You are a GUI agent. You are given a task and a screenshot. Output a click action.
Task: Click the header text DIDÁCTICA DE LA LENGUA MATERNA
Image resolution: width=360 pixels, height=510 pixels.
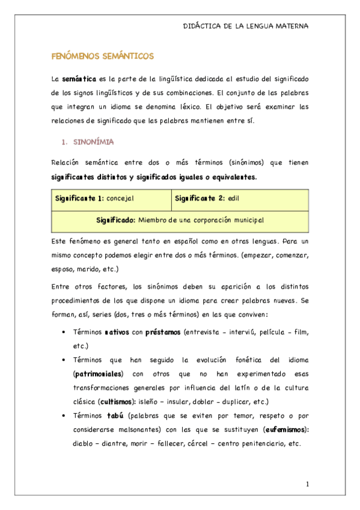click(245, 26)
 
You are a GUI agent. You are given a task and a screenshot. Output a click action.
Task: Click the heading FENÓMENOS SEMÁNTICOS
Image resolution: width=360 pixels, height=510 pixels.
click(103, 56)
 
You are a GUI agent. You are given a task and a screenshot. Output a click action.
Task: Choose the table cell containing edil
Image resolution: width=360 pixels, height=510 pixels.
click(240, 198)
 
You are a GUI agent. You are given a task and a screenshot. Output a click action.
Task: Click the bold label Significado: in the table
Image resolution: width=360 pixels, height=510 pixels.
click(116, 221)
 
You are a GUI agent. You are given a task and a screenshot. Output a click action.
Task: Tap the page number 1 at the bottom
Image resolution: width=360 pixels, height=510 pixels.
click(307, 484)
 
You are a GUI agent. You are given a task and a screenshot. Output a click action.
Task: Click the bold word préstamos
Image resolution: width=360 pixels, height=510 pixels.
click(163, 332)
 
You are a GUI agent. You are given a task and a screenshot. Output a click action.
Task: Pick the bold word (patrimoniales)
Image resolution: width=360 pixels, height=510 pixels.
click(101, 373)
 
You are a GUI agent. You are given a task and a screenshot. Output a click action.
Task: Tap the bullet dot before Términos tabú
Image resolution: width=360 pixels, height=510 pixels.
click(64, 416)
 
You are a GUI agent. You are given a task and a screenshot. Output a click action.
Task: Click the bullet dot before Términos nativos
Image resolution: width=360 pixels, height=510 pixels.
click(64, 333)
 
